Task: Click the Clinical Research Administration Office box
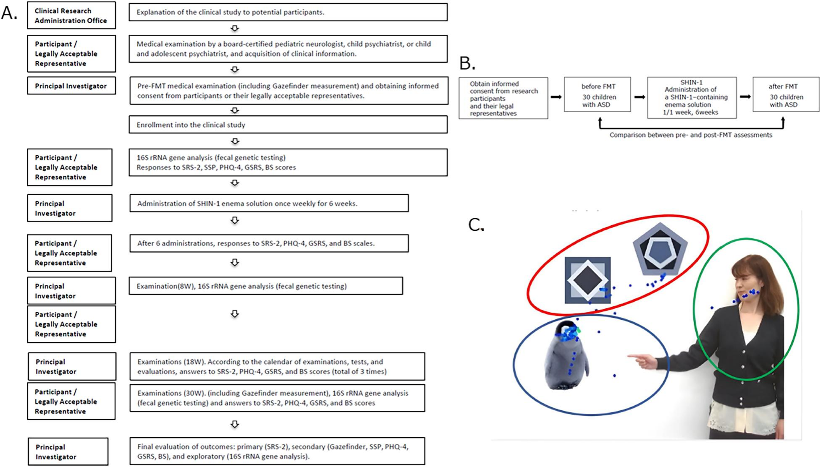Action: coord(71,16)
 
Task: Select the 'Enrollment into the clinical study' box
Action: coord(288,125)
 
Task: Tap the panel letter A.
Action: coord(9,13)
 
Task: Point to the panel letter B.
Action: coord(467,63)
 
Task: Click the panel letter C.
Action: coord(476,225)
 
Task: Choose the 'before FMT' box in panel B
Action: coord(597,95)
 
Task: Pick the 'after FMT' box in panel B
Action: coord(785,95)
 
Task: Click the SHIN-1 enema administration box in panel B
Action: coord(691,97)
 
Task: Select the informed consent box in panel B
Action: coord(503,98)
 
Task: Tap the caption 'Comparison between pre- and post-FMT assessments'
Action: coord(691,135)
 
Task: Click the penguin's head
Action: coord(568,331)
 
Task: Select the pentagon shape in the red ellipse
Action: coord(660,250)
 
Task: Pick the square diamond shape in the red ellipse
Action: coord(587,280)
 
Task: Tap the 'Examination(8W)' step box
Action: coord(265,286)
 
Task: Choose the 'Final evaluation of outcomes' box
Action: coord(277,451)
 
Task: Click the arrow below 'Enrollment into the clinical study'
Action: coord(235,141)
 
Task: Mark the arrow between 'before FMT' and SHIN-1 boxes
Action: coord(639,97)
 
